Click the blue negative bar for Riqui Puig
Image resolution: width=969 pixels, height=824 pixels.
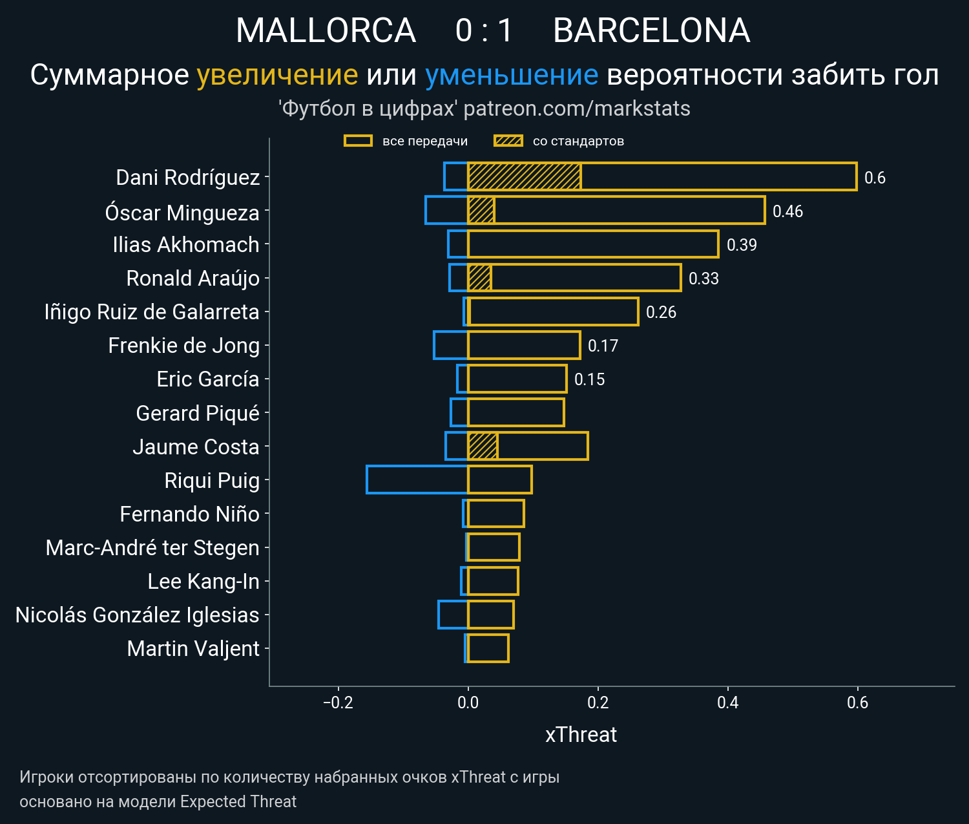pos(417,480)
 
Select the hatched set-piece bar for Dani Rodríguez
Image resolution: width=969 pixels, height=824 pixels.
pos(524,177)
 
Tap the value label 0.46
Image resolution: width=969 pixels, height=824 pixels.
pos(787,211)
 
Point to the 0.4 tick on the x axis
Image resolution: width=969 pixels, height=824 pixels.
pos(728,703)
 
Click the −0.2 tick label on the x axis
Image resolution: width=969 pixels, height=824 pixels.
pos(338,703)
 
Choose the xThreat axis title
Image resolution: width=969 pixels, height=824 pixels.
pos(581,735)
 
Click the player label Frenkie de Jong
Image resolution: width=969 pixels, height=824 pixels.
pos(183,346)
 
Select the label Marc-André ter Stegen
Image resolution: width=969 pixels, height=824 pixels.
pos(152,547)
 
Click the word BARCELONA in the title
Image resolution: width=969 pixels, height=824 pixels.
pos(651,30)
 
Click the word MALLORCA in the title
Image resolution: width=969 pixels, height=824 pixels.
pos(326,30)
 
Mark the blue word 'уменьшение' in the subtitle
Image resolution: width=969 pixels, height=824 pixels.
pos(512,75)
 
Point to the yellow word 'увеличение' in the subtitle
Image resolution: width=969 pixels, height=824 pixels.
pos(277,75)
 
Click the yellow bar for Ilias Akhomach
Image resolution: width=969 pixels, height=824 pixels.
pos(592,244)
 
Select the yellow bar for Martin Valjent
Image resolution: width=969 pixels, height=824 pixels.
pos(488,648)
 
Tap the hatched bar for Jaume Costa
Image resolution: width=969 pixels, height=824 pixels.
pos(483,446)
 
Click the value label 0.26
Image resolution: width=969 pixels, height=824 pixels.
pos(661,312)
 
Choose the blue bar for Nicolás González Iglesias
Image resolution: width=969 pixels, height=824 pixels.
pos(453,615)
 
